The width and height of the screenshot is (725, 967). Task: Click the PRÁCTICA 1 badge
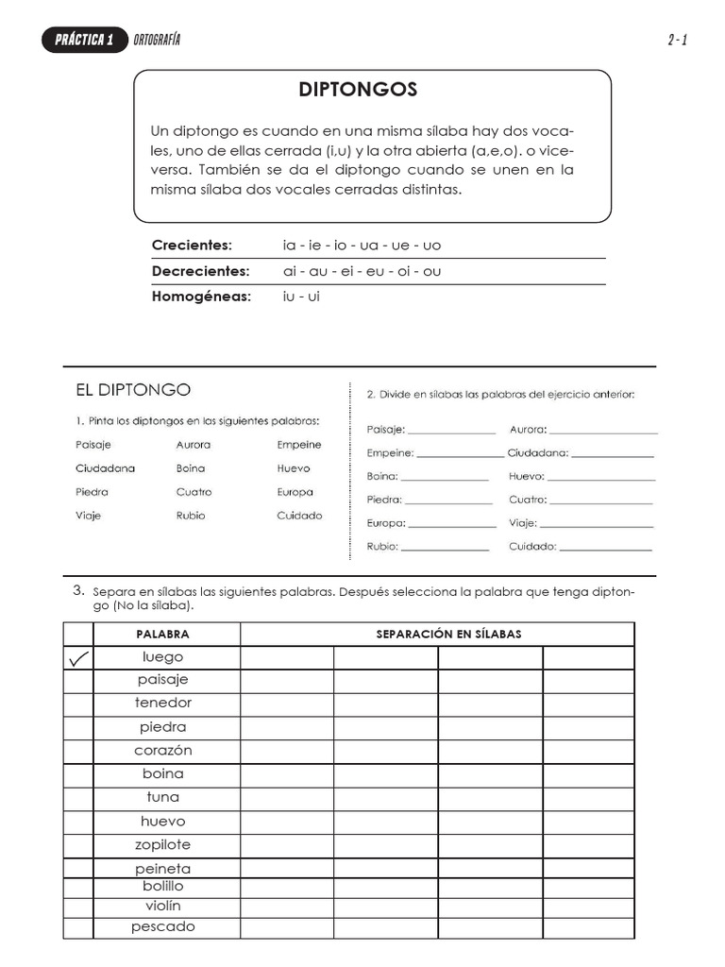[84, 40]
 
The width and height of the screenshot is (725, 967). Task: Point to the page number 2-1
[676, 40]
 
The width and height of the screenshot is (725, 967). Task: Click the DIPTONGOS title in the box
[358, 91]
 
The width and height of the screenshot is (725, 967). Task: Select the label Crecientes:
[192, 246]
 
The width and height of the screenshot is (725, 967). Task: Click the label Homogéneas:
[202, 297]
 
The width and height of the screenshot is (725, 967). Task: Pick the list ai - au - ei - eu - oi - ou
[362, 271]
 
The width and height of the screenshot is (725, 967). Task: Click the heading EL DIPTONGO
[133, 389]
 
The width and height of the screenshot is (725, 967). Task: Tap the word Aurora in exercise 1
[194, 445]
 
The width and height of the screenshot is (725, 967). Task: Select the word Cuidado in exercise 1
[299, 516]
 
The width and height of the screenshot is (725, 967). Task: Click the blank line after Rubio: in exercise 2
[445, 547]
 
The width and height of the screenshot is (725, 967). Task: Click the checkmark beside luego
[78, 658]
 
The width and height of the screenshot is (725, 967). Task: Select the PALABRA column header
[162, 635]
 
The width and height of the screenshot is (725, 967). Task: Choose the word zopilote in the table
[162, 845]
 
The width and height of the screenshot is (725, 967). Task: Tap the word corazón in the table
[162, 751]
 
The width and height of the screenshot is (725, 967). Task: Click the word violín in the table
[162, 907]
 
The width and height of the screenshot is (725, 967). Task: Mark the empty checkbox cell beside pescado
[78, 927]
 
